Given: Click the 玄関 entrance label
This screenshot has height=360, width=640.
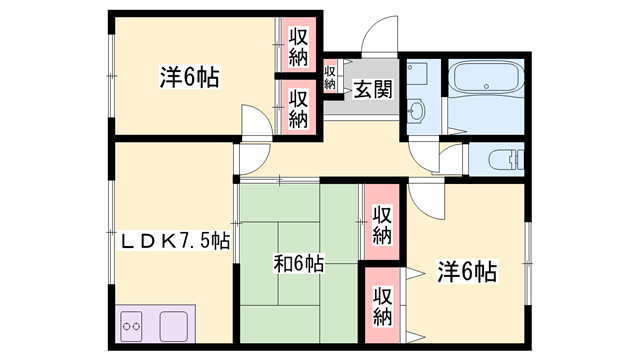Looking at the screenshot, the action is point(373,89).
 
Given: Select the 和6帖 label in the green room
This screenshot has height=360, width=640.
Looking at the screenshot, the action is point(299,263).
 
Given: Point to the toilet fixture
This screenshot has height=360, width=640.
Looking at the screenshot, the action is point(506,159).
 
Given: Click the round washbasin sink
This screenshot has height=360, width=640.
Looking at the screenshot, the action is point(416,110).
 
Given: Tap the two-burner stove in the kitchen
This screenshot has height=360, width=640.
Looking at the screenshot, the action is point(131,327).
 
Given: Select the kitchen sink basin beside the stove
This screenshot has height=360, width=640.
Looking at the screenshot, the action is point(174,327).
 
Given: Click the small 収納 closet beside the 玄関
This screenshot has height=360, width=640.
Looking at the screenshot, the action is point(330,78).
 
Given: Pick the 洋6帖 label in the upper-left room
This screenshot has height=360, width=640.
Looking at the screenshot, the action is point(189,77).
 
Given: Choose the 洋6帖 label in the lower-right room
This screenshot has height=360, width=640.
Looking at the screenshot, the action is point(468,271).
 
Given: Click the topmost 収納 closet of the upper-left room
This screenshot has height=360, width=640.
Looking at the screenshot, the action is point(298,46).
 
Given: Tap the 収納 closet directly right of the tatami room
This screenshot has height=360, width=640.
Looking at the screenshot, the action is point(382,222).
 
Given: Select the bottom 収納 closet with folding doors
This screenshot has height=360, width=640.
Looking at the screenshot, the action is point(382,305).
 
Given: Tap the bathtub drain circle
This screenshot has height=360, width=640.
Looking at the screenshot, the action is point(486,86).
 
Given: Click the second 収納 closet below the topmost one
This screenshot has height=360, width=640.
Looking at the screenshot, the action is point(298,107).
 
